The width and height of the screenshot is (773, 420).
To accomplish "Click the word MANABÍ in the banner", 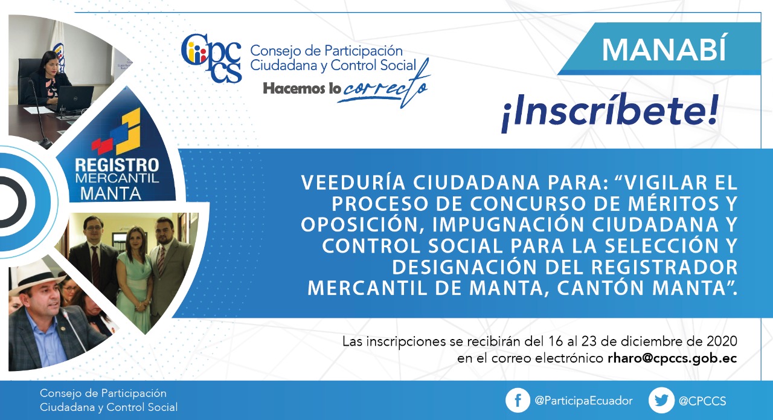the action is (664, 50).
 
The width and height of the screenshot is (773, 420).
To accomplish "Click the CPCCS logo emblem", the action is (211, 58).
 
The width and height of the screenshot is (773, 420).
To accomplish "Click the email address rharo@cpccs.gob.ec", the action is (672, 358).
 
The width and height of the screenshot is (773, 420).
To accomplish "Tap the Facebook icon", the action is (518, 400).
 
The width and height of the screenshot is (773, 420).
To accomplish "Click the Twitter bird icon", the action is (661, 400).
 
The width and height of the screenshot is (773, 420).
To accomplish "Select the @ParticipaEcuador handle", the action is (583, 401).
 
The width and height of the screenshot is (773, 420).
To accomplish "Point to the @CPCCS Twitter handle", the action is (702, 401).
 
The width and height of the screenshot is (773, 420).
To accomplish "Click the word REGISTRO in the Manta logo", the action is (117, 165).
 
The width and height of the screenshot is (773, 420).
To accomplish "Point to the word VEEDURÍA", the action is (353, 183).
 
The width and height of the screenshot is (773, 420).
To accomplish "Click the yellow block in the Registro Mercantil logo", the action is (128, 132).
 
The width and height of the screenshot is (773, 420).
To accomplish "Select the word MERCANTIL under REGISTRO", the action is (117, 178).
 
